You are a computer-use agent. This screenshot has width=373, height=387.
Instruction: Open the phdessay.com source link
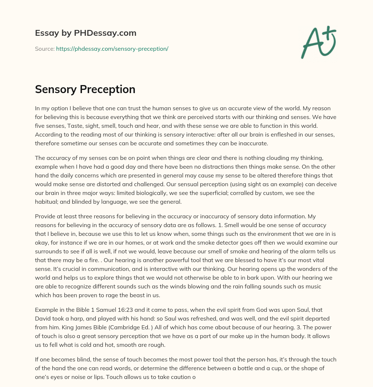pos(112,49)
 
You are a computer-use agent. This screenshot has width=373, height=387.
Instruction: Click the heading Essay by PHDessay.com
pos(86,33)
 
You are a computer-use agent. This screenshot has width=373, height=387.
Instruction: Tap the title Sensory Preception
pos(85,89)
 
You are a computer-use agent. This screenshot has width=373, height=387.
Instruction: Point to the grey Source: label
pos(45,49)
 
